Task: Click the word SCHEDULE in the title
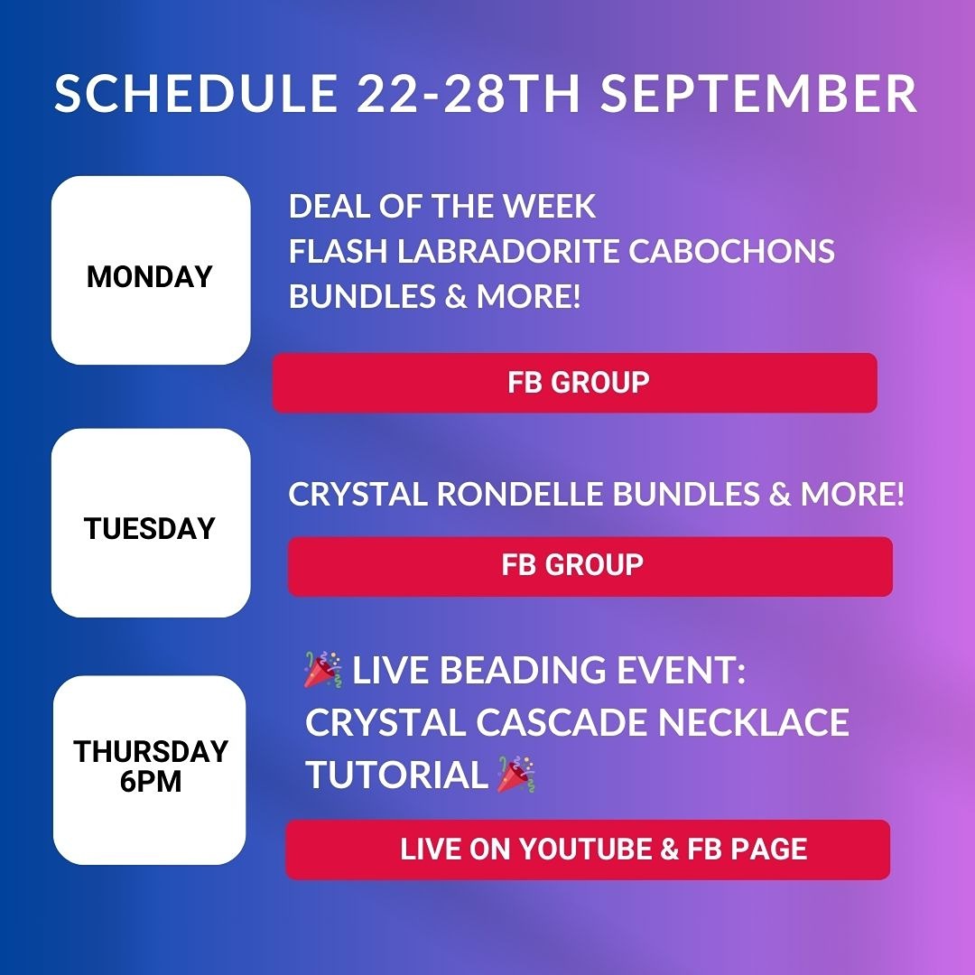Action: (x=196, y=94)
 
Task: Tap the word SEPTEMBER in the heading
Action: (x=758, y=94)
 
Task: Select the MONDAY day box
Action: (x=151, y=271)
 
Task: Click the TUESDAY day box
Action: (x=151, y=523)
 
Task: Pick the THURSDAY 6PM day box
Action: (x=150, y=770)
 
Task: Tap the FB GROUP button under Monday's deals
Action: (x=575, y=383)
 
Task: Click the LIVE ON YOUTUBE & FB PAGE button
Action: (x=589, y=850)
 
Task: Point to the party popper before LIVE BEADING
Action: (x=322, y=670)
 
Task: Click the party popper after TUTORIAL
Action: (x=516, y=775)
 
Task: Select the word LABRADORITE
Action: (x=508, y=251)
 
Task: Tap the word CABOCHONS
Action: (x=731, y=251)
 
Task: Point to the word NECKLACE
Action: (x=753, y=722)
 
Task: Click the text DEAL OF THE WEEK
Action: (x=442, y=207)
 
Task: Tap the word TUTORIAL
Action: (x=396, y=775)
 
